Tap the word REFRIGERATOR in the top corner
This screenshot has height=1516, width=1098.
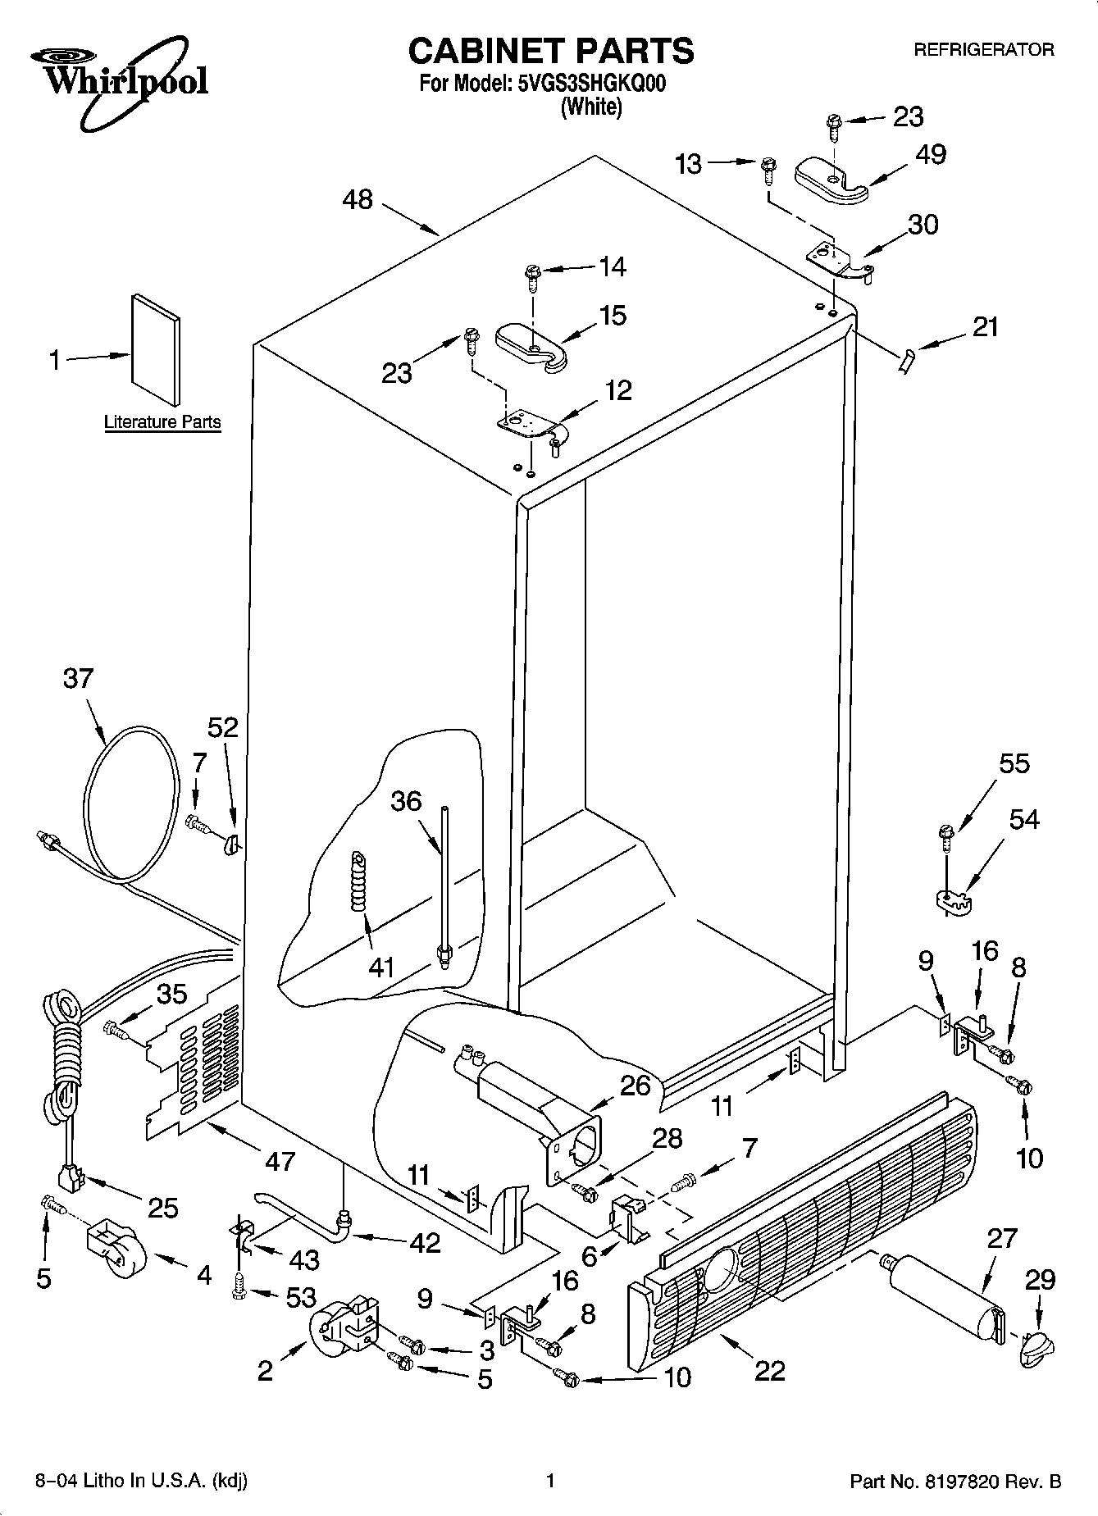point(983,50)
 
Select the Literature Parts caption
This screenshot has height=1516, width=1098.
point(162,422)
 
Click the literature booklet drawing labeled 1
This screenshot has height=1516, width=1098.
point(156,350)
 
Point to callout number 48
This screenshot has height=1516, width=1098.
point(358,199)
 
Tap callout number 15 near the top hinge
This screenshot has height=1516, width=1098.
point(613,316)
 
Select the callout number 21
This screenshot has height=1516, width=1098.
point(985,326)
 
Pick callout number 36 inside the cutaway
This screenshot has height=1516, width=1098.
point(405,801)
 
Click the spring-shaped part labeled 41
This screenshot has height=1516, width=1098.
point(358,881)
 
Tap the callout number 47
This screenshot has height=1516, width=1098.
point(280,1160)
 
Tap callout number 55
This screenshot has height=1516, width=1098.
point(1014,763)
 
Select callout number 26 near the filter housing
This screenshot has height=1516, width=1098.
point(635,1086)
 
